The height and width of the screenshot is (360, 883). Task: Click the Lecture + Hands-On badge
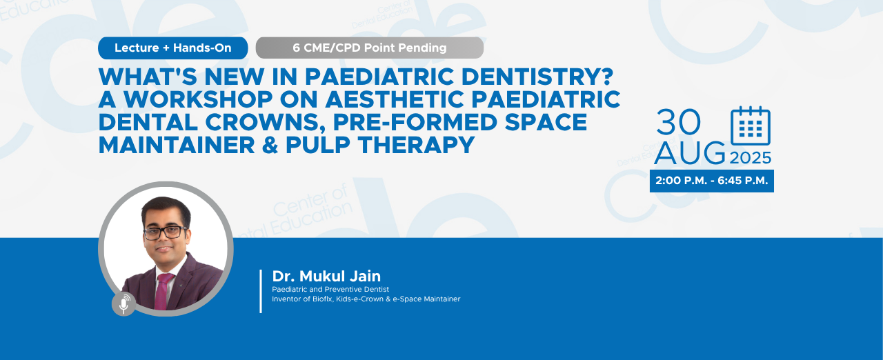(x=172, y=48)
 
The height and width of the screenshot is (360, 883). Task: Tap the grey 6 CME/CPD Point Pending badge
(x=369, y=48)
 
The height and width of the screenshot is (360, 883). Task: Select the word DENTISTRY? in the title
(x=537, y=77)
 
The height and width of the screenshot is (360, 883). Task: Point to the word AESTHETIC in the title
(x=394, y=99)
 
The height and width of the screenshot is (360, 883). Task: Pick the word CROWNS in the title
(x=263, y=122)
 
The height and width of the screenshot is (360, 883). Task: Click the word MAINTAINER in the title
(x=177, y=145)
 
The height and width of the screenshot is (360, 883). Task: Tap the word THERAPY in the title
(x=416, y=145)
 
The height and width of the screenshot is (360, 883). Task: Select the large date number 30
(x=678, y=123)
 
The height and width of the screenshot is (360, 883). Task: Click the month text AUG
(x=690, y=153)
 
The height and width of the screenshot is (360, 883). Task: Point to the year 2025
(x=751, y=158)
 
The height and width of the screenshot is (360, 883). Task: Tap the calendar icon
(x=751, y=126)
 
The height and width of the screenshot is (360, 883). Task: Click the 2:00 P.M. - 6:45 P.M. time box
(x=711, y=181)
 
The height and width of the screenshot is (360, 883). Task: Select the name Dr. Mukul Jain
(x=326, y=276)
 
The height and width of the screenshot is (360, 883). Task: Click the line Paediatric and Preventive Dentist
(x=330, y=289)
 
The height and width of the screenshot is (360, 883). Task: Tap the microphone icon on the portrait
(x=123, y=304)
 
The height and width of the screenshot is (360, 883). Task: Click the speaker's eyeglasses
(x=165, y=232)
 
